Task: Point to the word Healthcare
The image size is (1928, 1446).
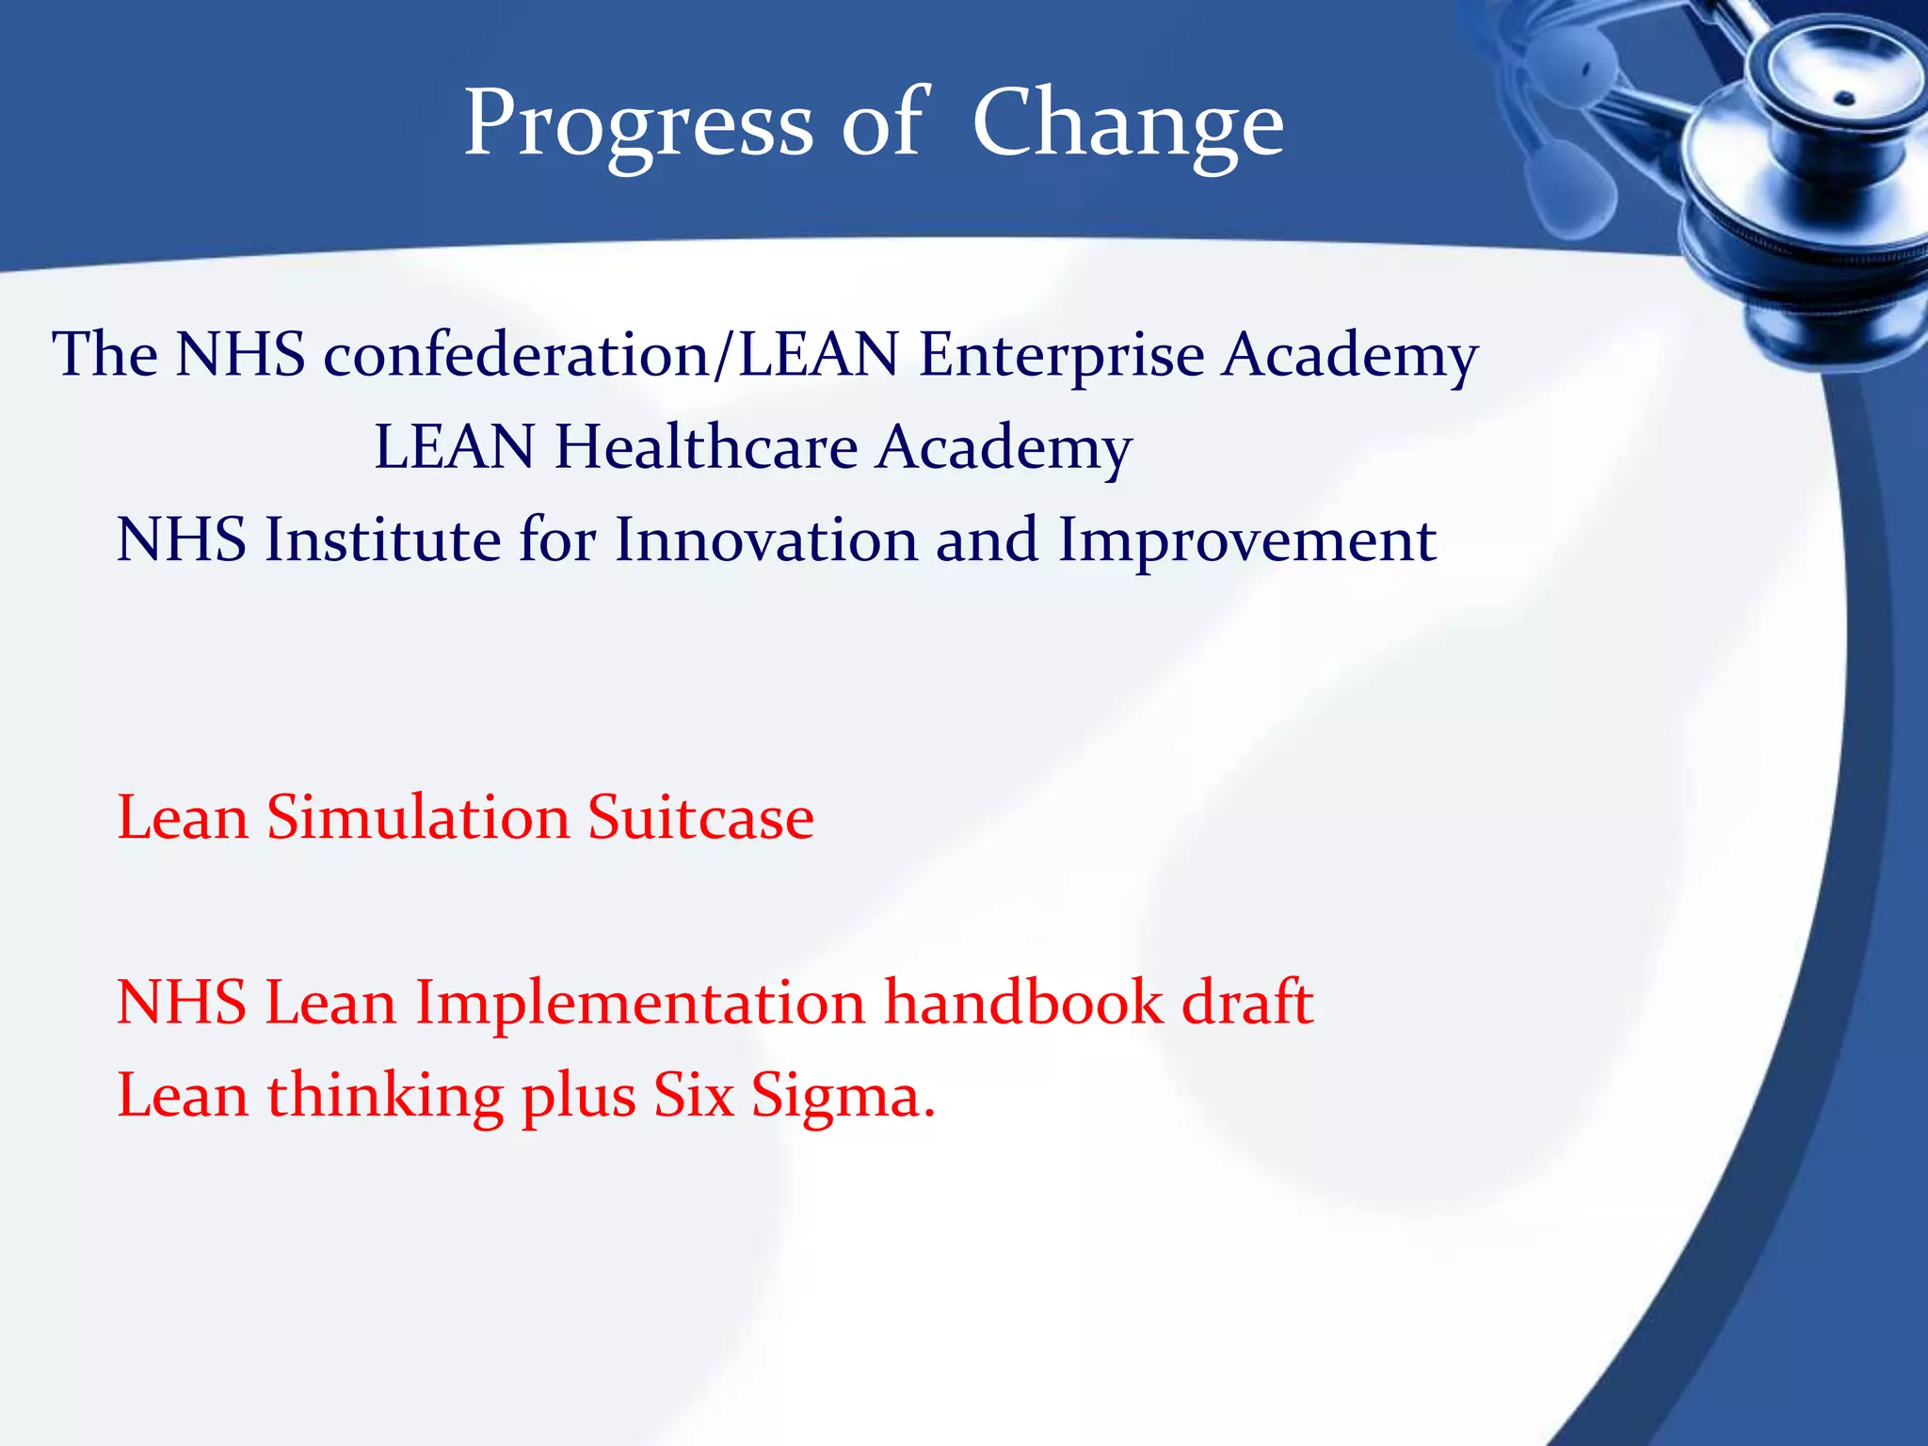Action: coord(706,447)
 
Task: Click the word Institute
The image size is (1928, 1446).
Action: coord(382,540)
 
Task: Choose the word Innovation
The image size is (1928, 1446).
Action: coord(765,540)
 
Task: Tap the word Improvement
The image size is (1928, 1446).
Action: coord(1246,540)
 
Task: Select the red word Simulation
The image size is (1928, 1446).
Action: coord(418,817)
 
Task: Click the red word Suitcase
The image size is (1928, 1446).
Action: coord(700,817)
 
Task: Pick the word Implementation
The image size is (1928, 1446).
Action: coord(640,1002)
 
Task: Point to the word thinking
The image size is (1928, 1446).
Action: coord(385,1098)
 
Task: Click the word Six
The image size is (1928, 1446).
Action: coord(693,1096)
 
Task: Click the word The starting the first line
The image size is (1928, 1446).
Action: coord(104,356)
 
